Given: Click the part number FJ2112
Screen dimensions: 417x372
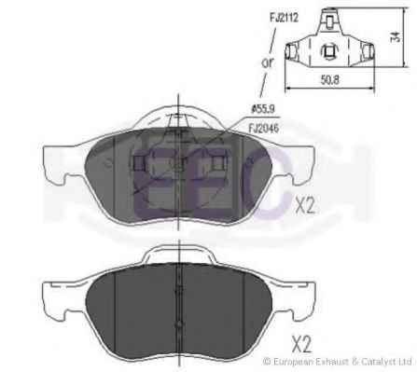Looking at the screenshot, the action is point(284,18).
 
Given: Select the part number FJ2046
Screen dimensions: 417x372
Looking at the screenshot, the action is point(264,128).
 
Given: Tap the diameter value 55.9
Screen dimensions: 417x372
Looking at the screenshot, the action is point(262,109).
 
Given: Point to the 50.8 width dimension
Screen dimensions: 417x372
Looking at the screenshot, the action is point(330,80).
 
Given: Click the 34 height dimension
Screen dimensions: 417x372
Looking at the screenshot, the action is point(396,36).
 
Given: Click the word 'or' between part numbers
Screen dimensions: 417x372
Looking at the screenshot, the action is point(268,62).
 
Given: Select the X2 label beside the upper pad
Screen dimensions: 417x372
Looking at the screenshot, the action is point(305,205).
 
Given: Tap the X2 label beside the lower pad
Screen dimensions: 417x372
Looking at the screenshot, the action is point(301,343).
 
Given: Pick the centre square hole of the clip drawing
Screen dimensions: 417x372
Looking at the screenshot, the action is point(329,51).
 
